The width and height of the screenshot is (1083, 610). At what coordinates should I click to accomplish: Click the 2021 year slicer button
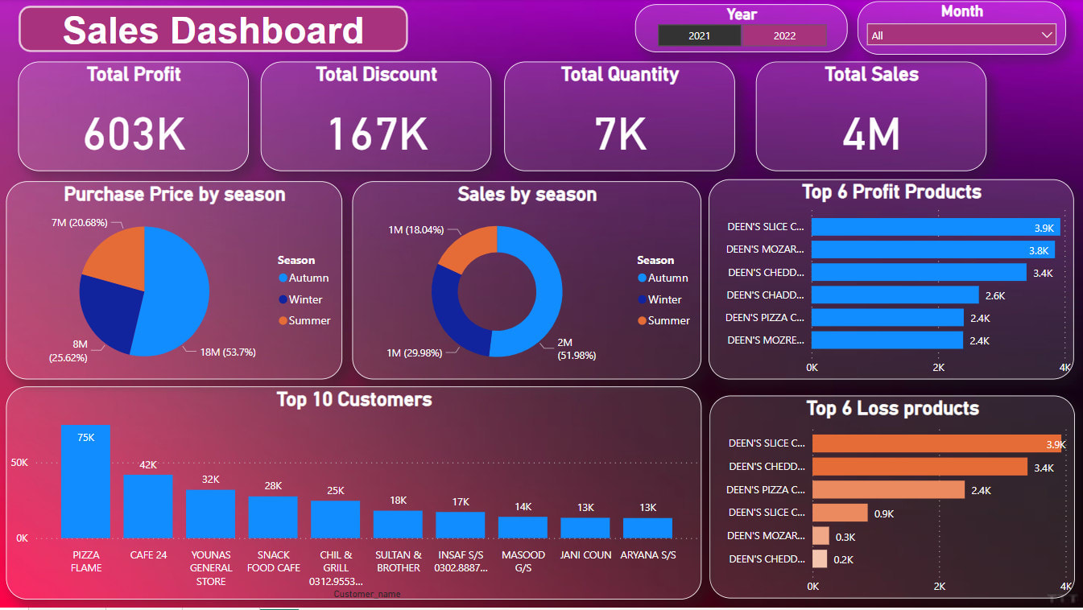(699, 35)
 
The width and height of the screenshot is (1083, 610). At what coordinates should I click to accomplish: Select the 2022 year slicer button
(783, 35)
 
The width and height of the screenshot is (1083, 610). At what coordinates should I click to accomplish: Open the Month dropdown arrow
(1047, 35)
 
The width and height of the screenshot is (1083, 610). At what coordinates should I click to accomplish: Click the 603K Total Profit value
(134, 133)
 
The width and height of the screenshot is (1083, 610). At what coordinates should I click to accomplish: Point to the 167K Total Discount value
(377, 133)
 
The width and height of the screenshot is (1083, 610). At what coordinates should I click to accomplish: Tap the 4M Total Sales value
(871, 134)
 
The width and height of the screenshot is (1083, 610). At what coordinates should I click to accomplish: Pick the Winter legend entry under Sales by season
(664, 299)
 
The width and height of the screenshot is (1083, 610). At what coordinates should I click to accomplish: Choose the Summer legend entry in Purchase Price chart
(309, 320)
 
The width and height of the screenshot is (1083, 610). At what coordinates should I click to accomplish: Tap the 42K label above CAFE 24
(148, 465)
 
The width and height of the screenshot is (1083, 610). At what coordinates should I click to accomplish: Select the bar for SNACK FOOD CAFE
(273, 517)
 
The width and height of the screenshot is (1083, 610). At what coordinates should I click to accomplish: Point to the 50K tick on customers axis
(19, 463)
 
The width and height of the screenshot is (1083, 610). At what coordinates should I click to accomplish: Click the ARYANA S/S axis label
(647, 555)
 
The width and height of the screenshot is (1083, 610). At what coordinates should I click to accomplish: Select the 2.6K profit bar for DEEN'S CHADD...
(895, 295)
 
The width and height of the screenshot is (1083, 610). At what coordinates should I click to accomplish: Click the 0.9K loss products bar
(840, 513)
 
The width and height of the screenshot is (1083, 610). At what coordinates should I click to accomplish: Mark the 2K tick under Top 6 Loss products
(940, 587)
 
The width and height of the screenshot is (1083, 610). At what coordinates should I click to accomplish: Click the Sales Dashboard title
(213, 30)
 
